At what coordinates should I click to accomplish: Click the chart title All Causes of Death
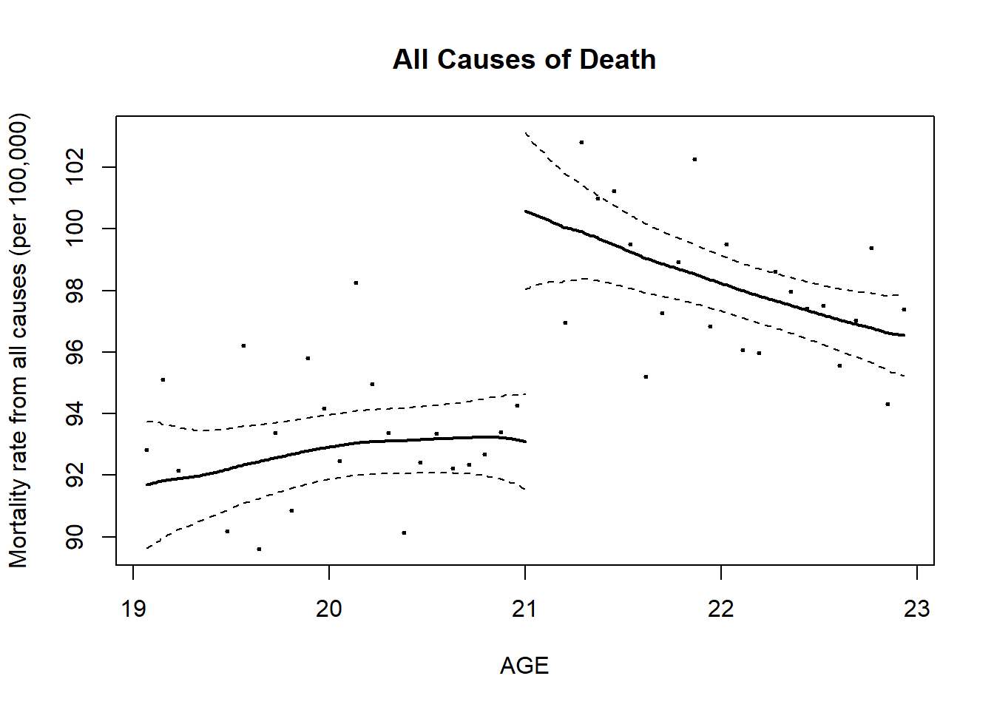(x=524, y=59)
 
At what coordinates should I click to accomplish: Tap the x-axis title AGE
(x=524, y=666)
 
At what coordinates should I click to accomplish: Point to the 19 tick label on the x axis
(x=133, y=609)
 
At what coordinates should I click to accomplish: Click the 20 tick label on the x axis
(x=329, y=609)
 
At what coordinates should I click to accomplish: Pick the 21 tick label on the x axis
(x=525, y=609)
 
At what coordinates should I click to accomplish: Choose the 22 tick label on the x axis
(x=721, y=609)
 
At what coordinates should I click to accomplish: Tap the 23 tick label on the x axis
(x=917, y=609)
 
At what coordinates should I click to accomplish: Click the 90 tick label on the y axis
(x=75, y=537)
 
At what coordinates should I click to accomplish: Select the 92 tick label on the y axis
(x=75, y=475)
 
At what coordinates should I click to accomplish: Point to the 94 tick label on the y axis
(x=75, y=413)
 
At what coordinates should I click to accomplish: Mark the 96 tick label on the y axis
(x=75, y=352)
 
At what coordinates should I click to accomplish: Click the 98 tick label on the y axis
(x=75, y=291)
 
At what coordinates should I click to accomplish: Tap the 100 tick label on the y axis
(x=75, y=229)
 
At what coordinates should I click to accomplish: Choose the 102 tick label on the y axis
(x=75, y=167)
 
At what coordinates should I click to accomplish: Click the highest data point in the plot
(x=581, y=142)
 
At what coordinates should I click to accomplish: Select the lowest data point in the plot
(x=259, y=549)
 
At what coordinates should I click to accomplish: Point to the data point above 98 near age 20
(x=356, y=283)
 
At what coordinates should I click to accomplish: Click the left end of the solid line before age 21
(x=148, y=484)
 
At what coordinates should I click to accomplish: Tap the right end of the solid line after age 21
(x=903, y=335)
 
